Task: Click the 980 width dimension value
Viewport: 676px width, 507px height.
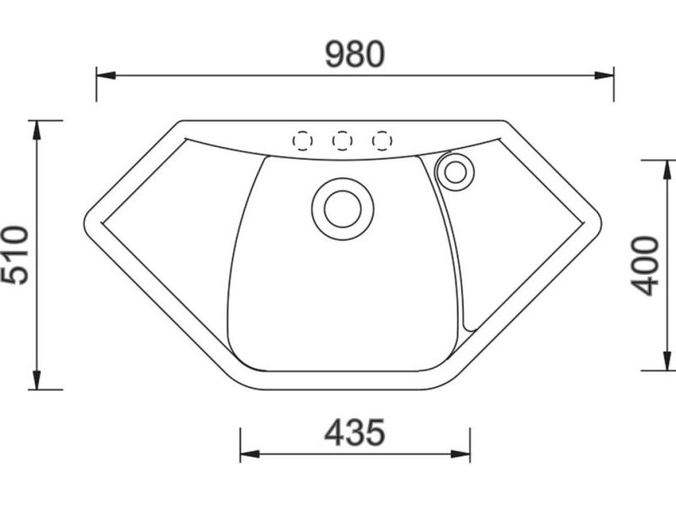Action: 354,54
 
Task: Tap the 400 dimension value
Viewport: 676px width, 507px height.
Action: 646,266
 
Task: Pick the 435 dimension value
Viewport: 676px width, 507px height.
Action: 354,433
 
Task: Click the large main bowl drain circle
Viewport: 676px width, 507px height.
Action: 343,209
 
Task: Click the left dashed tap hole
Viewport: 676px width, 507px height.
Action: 303,141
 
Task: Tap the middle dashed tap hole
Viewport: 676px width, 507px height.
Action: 342,141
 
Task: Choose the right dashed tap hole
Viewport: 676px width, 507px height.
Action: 381,141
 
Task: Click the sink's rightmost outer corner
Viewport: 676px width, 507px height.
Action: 600,225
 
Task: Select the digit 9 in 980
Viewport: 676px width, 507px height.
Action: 336,54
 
